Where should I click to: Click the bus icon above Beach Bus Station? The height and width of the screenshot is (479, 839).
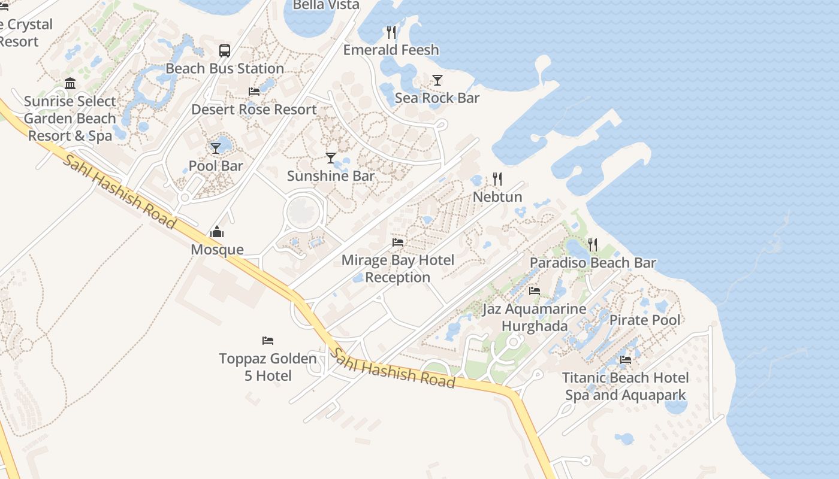tap(225, 51)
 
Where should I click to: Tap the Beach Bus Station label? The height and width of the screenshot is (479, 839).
tap(225, 68)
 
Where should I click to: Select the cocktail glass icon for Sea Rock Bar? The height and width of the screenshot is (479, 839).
tap(437, 80)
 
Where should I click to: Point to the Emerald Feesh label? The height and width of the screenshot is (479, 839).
tap(391, 50)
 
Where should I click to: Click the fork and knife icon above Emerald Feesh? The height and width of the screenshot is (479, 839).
tap(391, 32)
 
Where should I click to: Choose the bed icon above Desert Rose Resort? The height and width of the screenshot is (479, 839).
tap(254, 92)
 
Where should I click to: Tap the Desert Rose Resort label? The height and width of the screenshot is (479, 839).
tap(254, 110)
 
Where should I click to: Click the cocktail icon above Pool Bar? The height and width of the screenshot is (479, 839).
tap(216, 148)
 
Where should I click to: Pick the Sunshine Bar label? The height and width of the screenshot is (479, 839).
tap(331, 176)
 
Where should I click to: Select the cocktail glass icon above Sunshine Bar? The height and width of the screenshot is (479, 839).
tap(331, 158)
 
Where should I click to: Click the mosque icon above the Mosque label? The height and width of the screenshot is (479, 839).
tap(217, 232)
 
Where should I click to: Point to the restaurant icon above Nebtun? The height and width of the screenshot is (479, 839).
tap(497, 179)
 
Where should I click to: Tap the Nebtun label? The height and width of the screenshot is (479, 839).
tap(497, 197)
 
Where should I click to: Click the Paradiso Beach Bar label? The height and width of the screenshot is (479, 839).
tap(593, 263)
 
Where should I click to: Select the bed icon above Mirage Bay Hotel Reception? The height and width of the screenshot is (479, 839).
tap(398, 242)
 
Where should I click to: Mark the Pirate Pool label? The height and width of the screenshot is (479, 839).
tap(645, 320)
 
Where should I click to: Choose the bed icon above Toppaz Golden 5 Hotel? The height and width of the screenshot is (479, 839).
tap(268, 341)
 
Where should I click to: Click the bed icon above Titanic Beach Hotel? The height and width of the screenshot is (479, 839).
tap(626, 360)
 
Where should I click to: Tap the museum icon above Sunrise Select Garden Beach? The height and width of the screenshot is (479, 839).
tap(70, 83)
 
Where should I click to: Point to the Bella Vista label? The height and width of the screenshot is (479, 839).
tap(326, 5)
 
